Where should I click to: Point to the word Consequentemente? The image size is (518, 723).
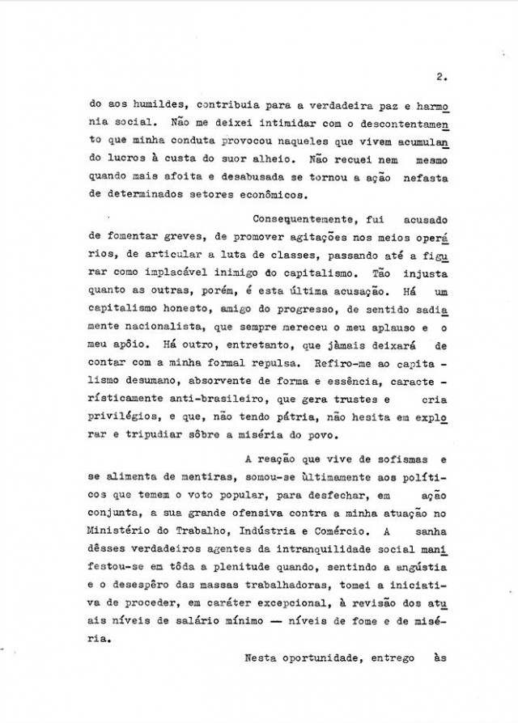pos(295,220)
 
